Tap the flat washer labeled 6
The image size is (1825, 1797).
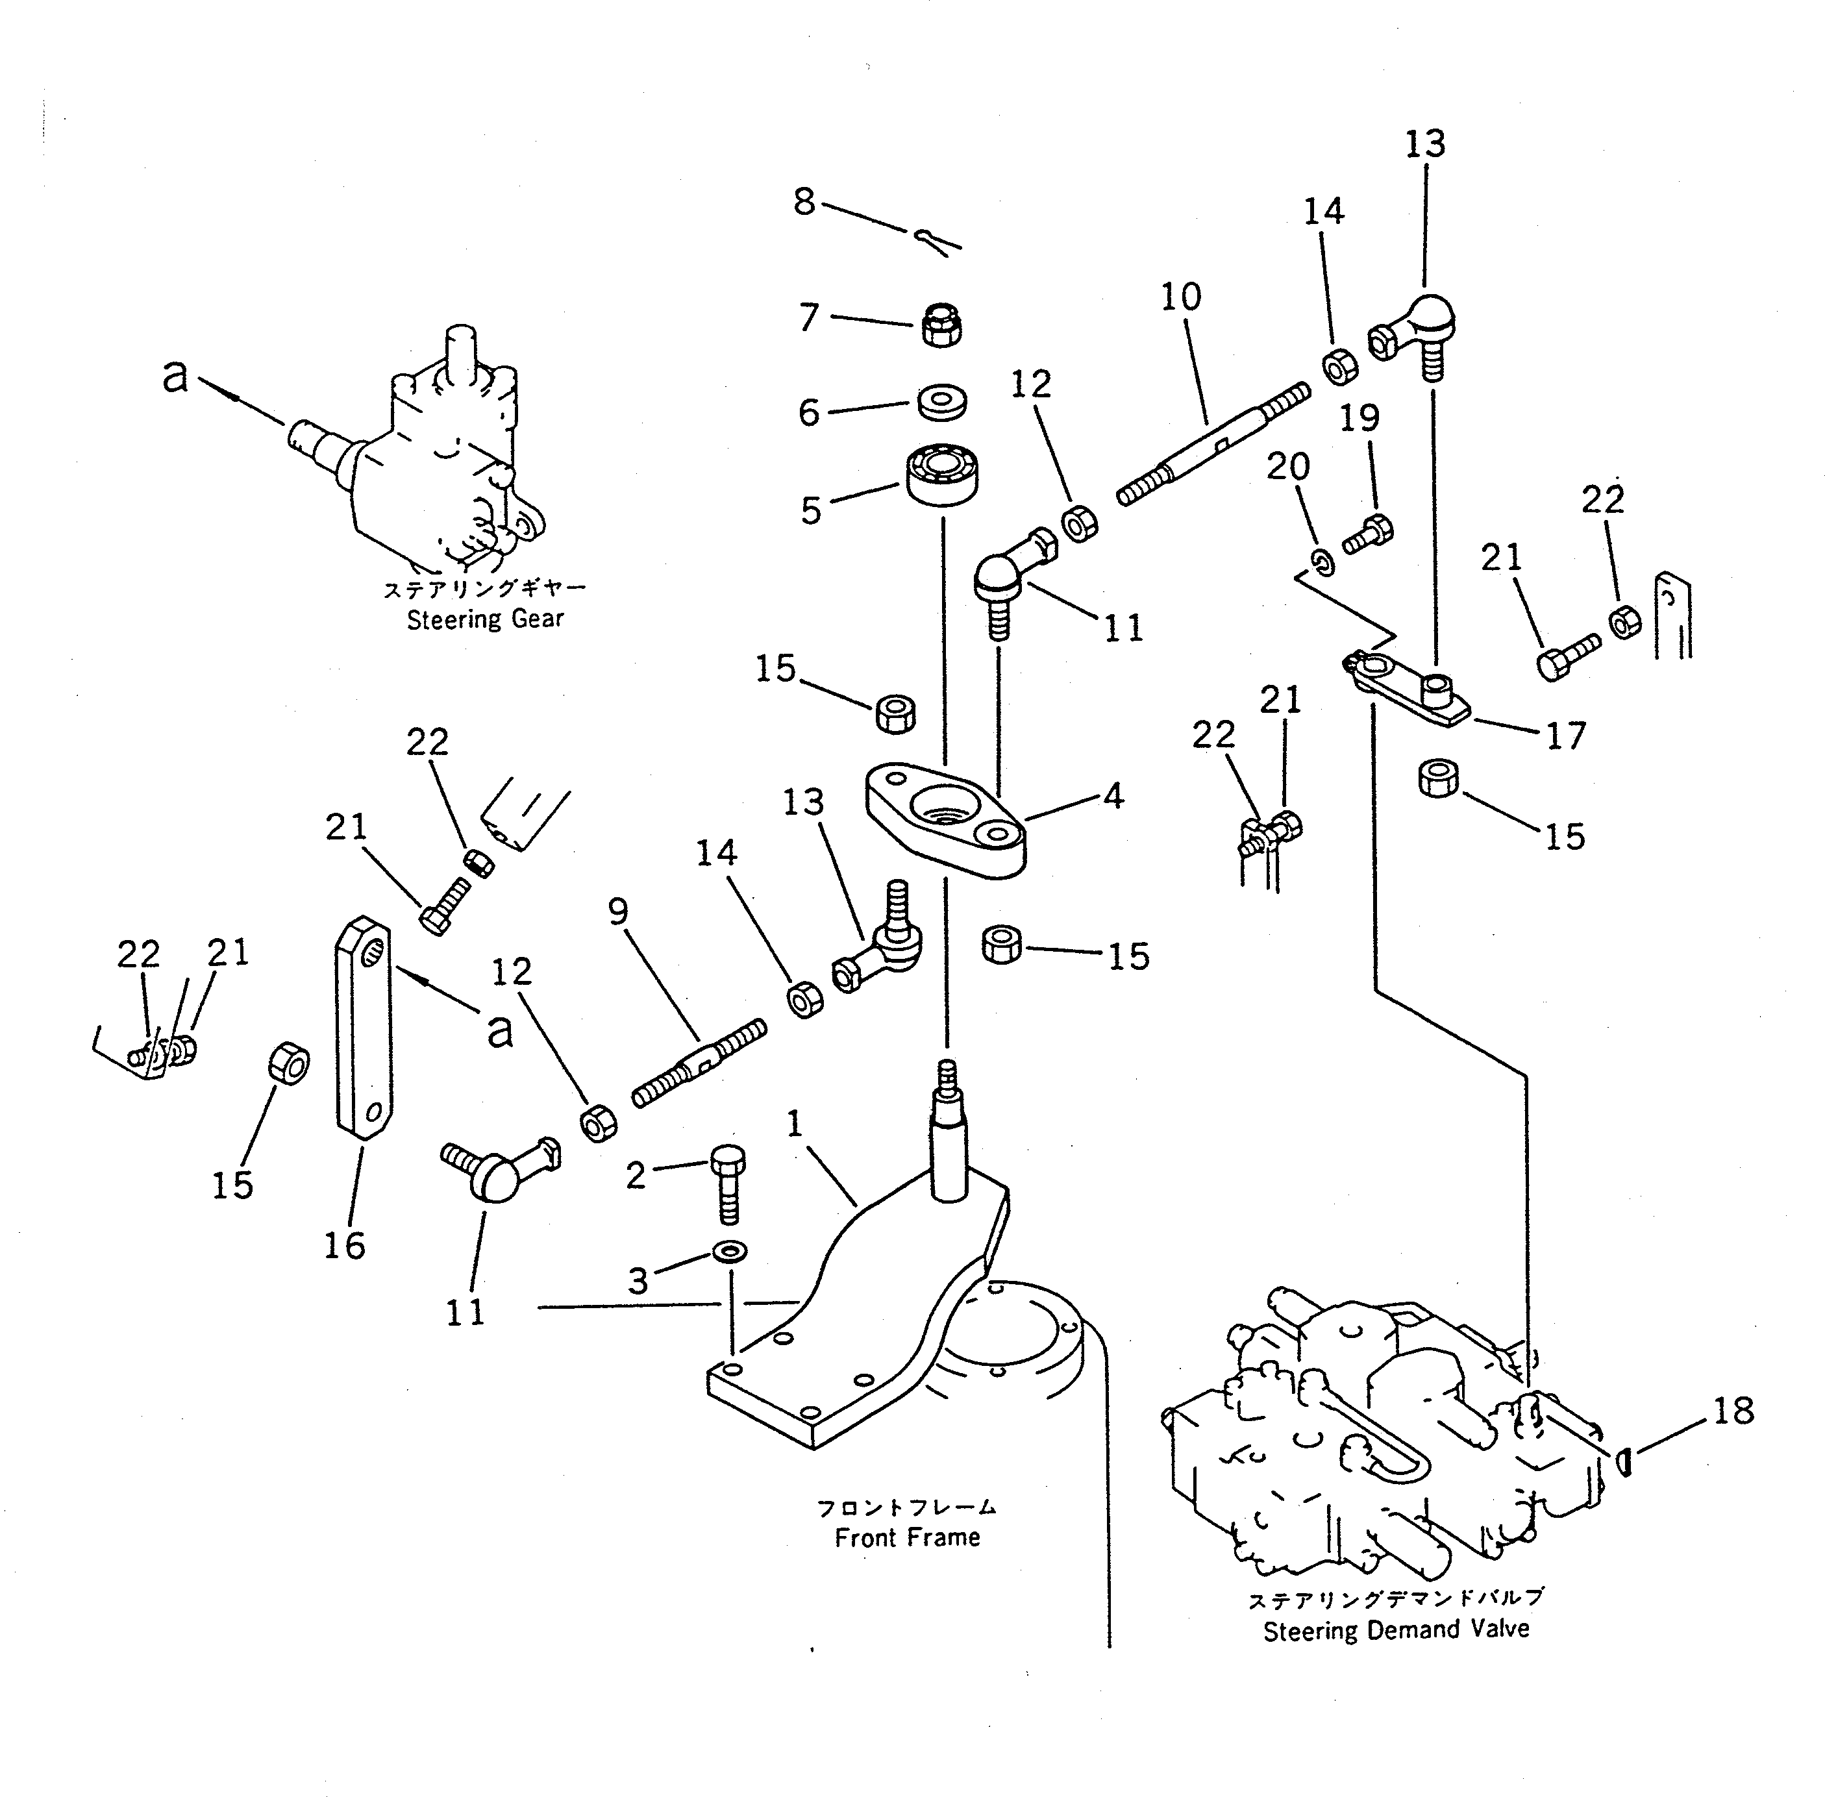tap(941, 400)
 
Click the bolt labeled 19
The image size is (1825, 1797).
tap(1367, 535)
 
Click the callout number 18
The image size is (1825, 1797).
tap(1733, 1411)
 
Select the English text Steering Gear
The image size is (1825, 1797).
tap(485, 620)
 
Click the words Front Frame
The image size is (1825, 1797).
tap(907, 1537)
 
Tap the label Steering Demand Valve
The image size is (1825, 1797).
tap(1396, 1629)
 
